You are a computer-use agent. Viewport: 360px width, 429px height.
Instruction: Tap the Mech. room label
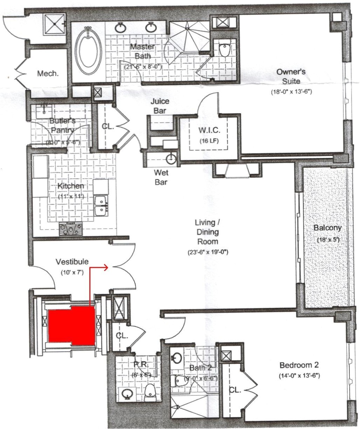(x=48, y=74)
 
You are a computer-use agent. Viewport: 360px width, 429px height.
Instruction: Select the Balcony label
(x=327, y=228)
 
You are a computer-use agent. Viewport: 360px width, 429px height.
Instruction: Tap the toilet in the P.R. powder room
(x=150, y=391)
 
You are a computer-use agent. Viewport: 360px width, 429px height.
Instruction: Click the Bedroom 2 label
(x=299, y=366)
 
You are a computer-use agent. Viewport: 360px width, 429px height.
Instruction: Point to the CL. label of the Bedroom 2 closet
(x=235, y=390)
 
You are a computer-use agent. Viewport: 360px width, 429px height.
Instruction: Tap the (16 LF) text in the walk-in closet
(x=209, y=141)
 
